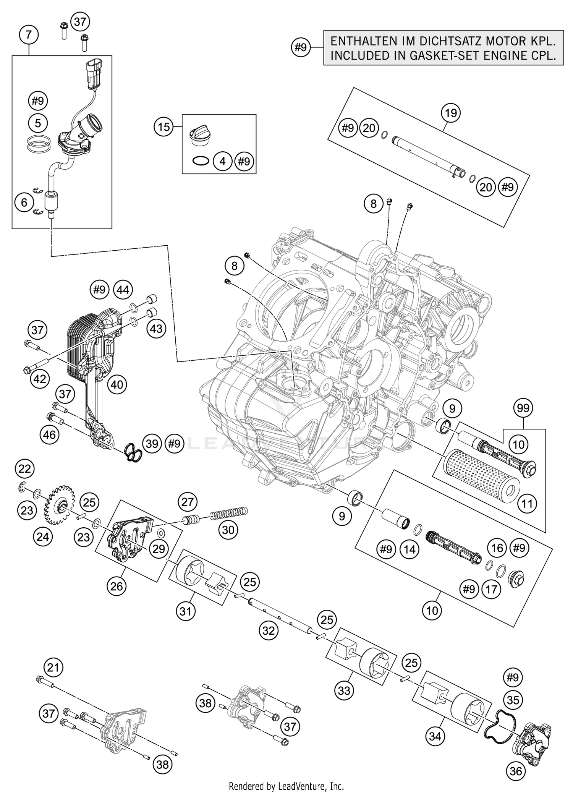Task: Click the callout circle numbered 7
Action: pyautogui.click(x=29, y=36)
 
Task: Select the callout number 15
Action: pyautogui.click(x=164, y=127)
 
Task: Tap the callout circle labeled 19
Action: pyautogui.click(x=451, y=113)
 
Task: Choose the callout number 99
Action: pyautogui.click(x=523, y=408)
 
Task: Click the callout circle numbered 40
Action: pyautogui.click(x=117, y=384)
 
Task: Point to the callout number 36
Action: pyautogui.click(x=516, y=771)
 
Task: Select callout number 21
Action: pyautogui.click(x=53, y=668)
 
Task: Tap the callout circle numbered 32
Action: pyautogui.click(x=269, y=630)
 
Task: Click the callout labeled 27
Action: pyautogui.click(x=187, y=501)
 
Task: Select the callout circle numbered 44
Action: pyautogui.click(x=123, y=290)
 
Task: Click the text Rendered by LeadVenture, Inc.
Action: pyautogui.click(x=286, y=786)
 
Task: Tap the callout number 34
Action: pyautogui.click(x=435, y=736)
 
